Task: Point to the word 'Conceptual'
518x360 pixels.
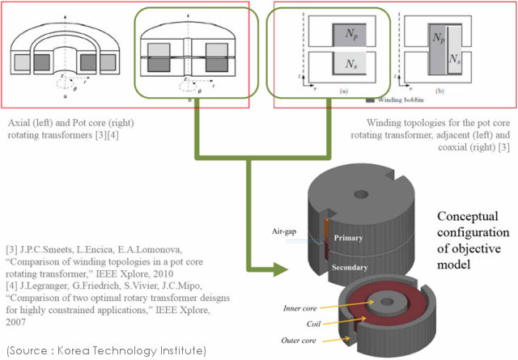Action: click(468, 218)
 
